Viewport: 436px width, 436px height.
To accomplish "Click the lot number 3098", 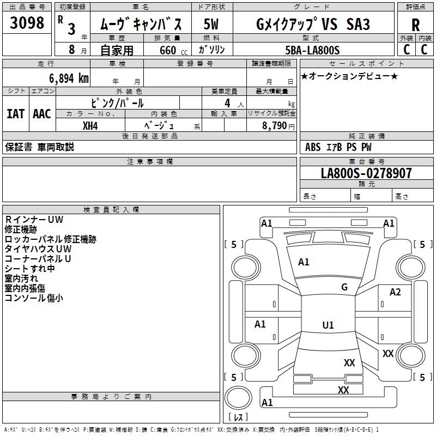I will (x=27, y=23).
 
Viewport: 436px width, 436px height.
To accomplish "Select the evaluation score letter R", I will (x=415, y=25).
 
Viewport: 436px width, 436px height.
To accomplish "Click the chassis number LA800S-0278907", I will (x=366, y=173).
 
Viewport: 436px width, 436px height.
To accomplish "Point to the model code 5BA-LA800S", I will (x=312, y=50).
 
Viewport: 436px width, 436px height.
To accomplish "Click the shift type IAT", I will (x=15, y=113).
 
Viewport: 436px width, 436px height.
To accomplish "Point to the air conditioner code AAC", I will (x=41, y=113).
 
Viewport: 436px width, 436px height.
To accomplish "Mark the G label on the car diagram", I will (x=344, y=287).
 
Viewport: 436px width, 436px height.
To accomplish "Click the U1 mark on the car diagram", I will (x=328, y=325).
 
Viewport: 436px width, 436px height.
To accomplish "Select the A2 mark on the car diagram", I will (x=395, y=292).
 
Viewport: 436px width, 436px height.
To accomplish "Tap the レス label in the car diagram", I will (x=238, y=417).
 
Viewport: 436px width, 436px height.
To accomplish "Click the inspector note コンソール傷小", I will (x=34, y=298).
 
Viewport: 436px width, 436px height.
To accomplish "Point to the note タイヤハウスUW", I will (x=38, y=249).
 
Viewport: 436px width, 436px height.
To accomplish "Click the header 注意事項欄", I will (x=149, y=162).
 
